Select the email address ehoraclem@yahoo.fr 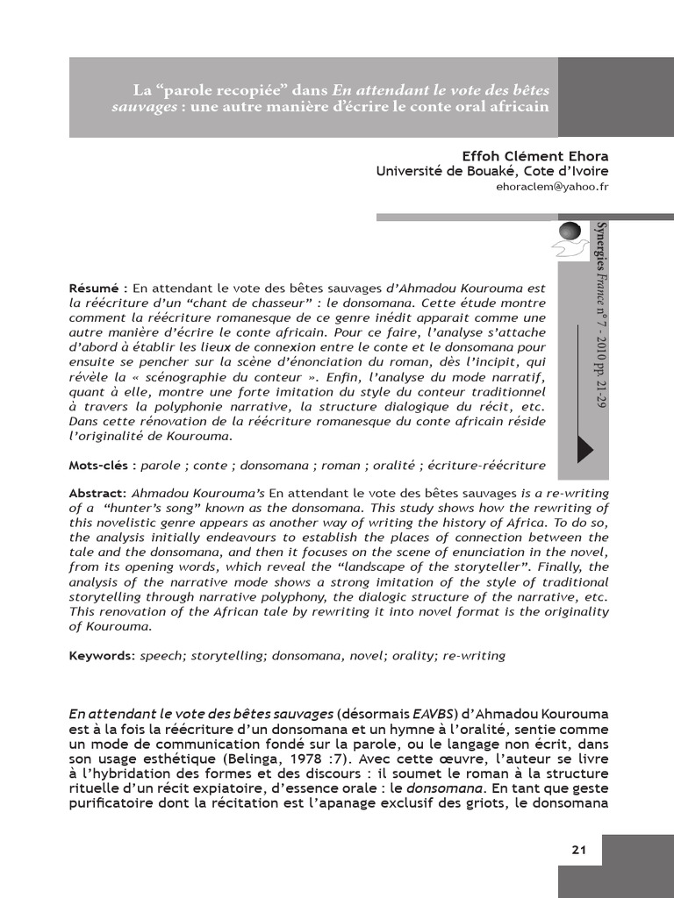(552, 187)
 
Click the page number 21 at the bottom (578, 850)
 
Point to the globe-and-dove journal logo (570, 239)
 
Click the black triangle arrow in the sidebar (584, 448)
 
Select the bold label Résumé (96, 288)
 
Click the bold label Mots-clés (99, 465)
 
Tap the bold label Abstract (97, 494)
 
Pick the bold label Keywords (100, 655)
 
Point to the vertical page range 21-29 (600, 387)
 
